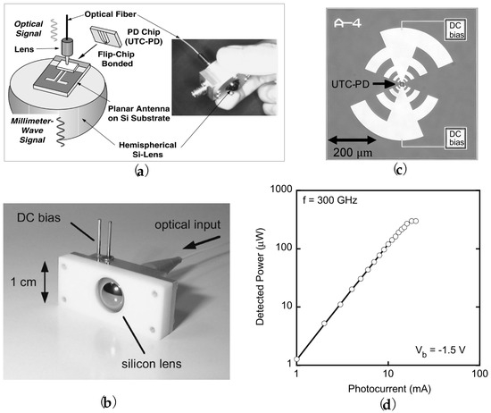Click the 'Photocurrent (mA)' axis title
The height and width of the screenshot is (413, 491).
click(387, 392)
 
